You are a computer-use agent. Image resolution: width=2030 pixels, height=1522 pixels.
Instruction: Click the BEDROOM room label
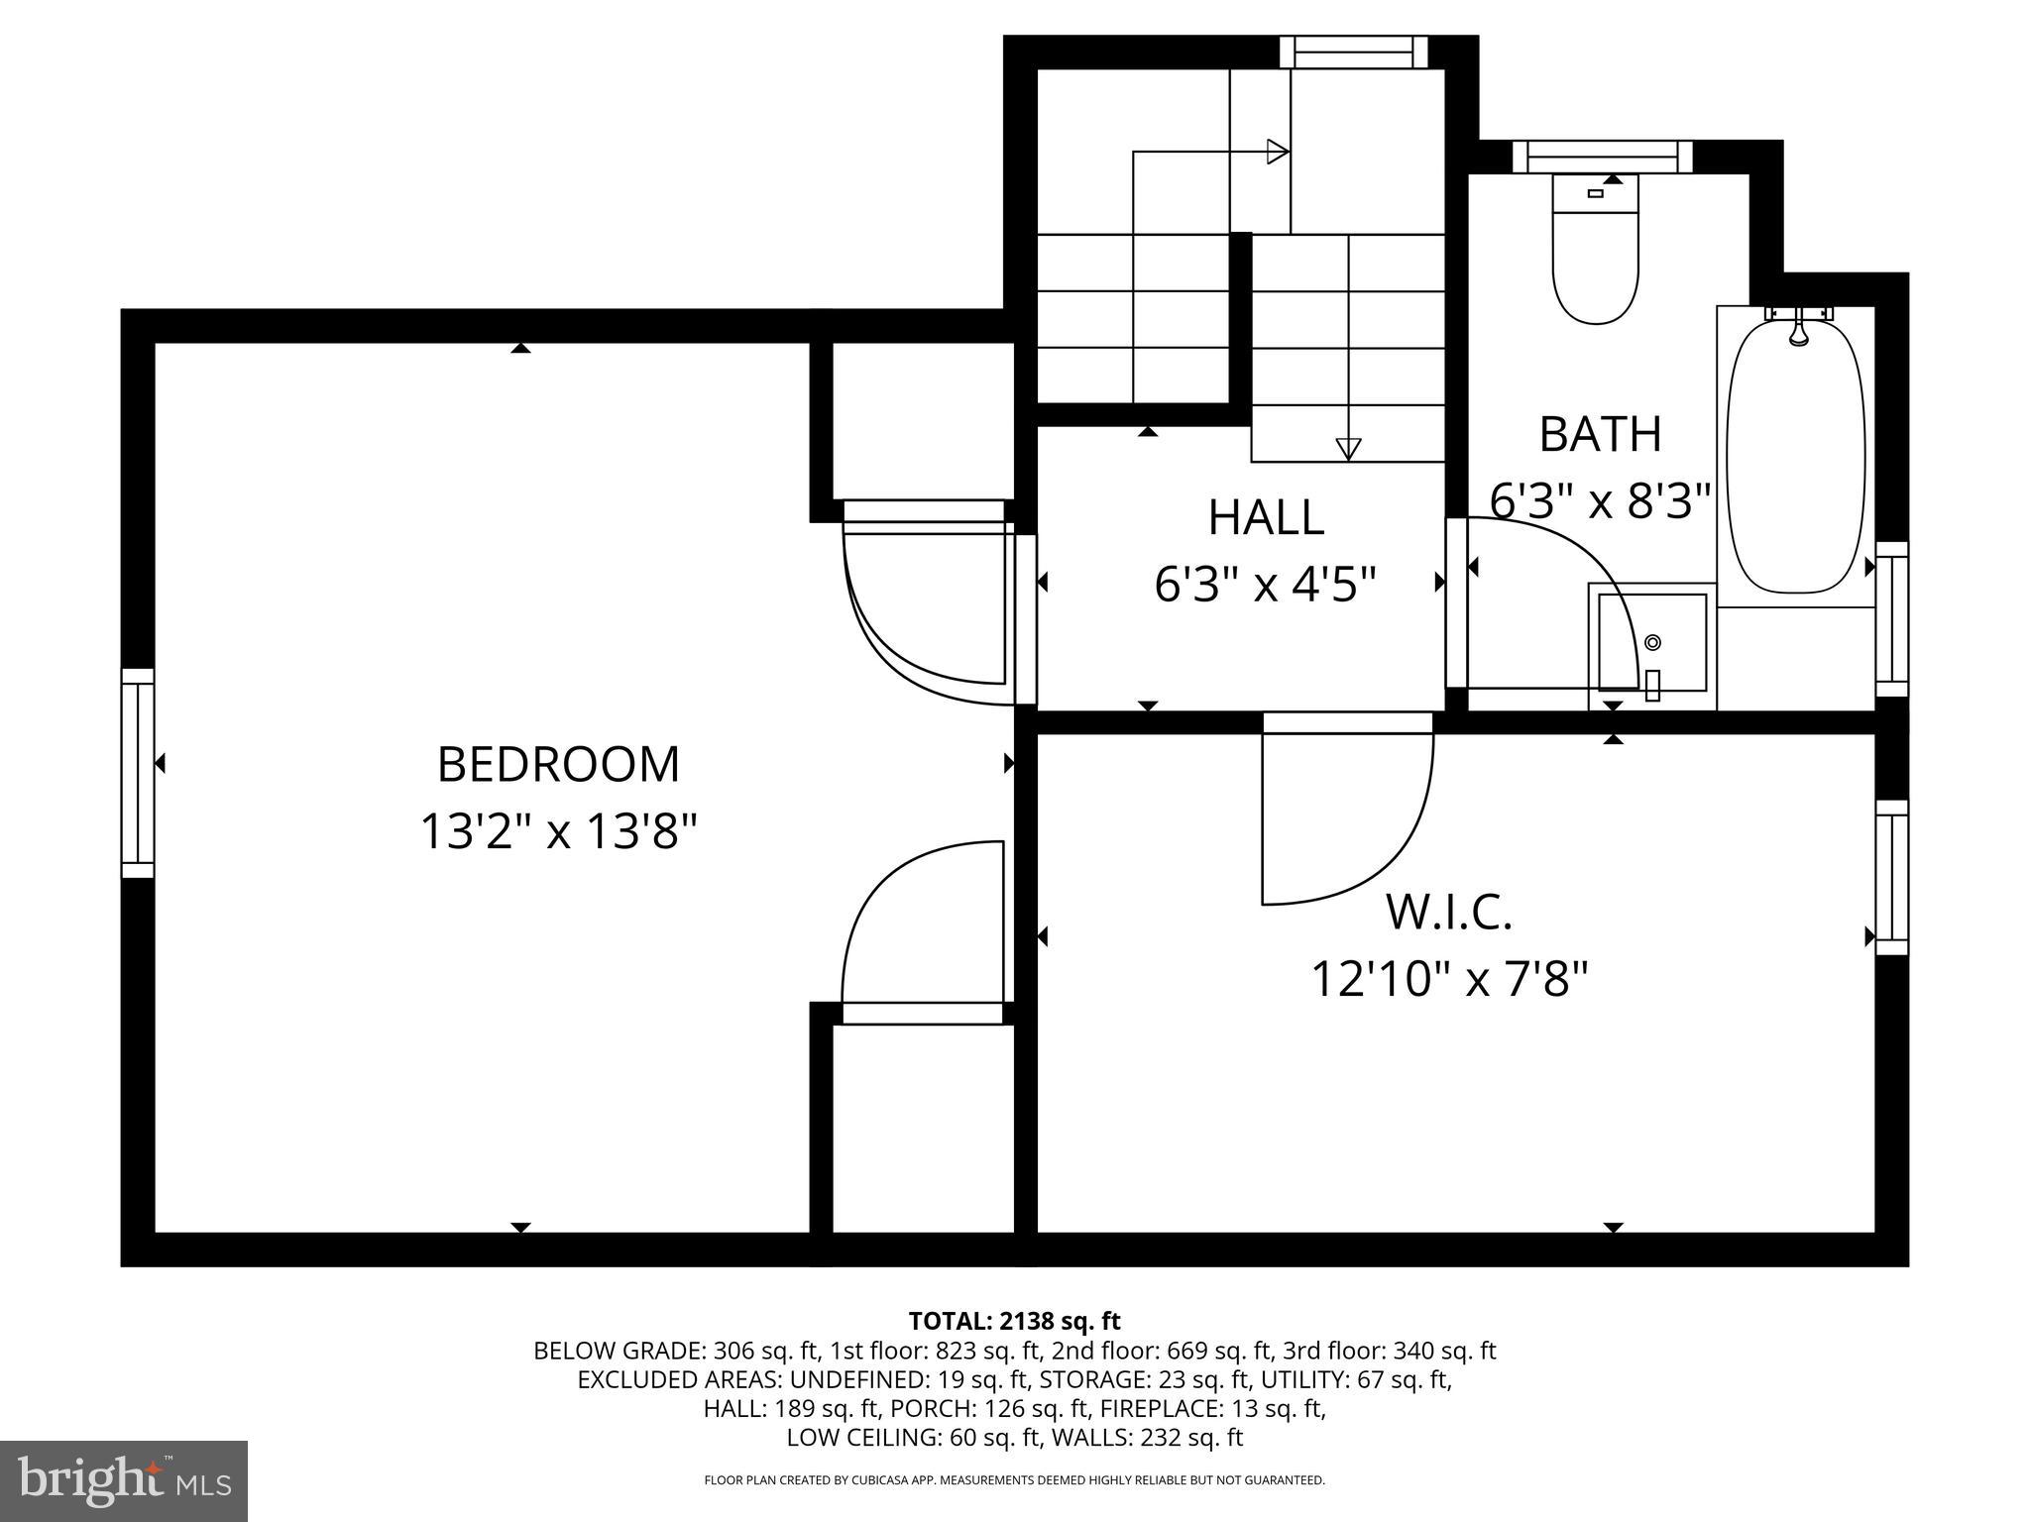tap(558, 765)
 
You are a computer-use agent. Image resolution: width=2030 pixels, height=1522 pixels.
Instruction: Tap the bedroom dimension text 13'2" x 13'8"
tap(558, 831)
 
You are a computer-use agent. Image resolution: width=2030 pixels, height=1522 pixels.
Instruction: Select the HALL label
tap(1266, 517)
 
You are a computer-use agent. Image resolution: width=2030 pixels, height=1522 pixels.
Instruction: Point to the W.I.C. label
tap(1448, 913)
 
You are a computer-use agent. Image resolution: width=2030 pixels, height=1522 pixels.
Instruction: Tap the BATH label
tap(1600, 434)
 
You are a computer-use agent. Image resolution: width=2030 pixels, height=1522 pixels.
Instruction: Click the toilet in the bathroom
tap(1595, 252)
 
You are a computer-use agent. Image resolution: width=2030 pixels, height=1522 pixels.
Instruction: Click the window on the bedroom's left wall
tap(138, 773)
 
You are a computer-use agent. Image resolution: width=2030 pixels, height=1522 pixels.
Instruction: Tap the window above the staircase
tap(1353, 52)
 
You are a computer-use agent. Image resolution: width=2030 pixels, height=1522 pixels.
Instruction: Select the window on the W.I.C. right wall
tap(1892, 877)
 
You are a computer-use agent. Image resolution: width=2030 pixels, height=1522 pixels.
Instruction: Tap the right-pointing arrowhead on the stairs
tap(1278, 152)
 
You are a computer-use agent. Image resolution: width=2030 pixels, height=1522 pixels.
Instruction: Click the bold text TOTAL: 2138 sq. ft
tap(1014, 1321)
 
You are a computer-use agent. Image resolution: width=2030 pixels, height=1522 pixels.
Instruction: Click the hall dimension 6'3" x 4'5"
tap(1266, 585)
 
